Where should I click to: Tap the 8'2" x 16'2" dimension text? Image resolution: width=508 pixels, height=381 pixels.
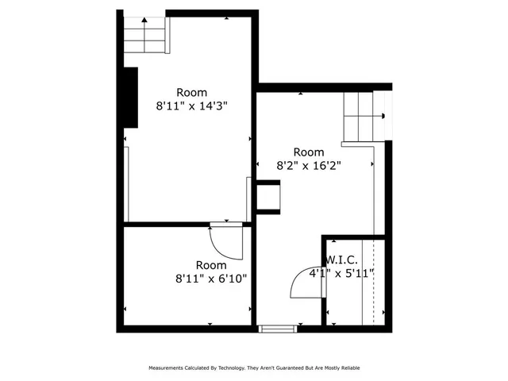(309, 166)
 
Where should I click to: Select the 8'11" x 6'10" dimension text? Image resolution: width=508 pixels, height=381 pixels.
(211, 279)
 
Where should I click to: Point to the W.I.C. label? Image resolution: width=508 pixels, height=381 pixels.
(341, 260)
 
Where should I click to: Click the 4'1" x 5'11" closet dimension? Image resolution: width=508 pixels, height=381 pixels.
(341, 273)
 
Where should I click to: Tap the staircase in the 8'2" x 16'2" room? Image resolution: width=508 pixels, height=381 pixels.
(362, 117)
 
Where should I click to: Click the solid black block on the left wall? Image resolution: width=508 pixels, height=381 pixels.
(130, 97)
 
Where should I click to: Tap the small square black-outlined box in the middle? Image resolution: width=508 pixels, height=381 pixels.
(267, 197)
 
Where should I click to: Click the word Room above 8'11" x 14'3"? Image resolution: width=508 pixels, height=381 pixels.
(192, 92)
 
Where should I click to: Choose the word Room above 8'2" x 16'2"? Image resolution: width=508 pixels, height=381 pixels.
(309, 152)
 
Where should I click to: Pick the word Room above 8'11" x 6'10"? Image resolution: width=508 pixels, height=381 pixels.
(211, 265)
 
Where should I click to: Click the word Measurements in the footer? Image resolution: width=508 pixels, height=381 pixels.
(168, 368)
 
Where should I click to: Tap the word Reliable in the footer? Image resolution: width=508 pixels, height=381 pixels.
(349, 368)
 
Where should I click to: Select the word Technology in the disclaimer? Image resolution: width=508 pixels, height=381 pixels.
(231, 368)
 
